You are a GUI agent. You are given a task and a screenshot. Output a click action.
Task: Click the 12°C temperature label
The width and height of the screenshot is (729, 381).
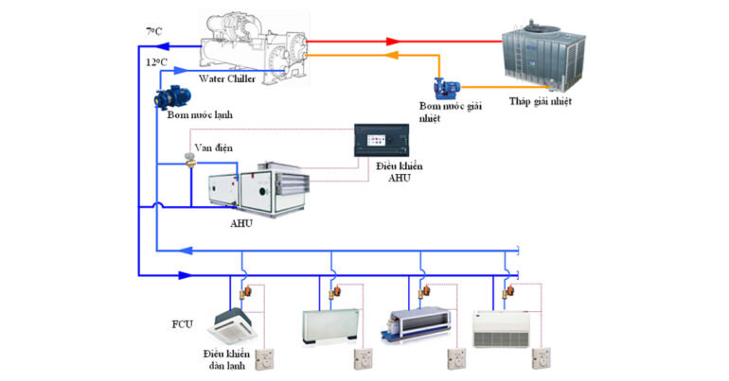(156, 61)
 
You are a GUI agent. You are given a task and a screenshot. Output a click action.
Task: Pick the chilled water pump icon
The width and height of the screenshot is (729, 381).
(174, 95)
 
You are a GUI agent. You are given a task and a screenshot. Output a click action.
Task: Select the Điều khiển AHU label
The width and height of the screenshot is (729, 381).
(399, 173)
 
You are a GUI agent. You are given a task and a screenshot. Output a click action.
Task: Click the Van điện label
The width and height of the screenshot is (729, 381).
(209, 147)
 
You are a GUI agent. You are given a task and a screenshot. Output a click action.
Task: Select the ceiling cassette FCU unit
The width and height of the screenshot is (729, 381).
(237, 321)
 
